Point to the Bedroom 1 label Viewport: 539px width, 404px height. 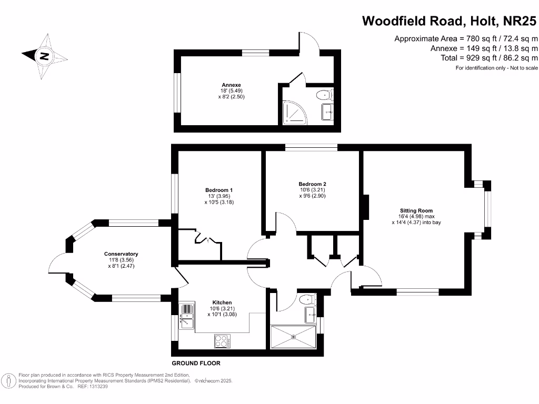tap(218, 190)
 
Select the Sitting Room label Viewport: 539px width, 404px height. tap(416, 210)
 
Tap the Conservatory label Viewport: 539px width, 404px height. tap(121, 254)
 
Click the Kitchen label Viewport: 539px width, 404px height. tap(222, 302)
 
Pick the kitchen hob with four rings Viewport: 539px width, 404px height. tap(222, 341)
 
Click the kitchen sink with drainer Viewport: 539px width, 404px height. tap(186, 316)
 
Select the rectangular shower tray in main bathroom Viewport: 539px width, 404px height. tap(293, 337)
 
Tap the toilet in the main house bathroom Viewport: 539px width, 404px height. tap(306, 300)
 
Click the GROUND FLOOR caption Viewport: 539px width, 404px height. tap(196, 363)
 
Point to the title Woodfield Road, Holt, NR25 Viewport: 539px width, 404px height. tap(450, 21)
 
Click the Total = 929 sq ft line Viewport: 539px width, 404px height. tap(484, 58)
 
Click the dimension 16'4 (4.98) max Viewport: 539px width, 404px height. tap(416, 216)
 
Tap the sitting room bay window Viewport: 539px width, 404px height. tap(487, 209)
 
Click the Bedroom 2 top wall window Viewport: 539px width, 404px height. tap(312, 147)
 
